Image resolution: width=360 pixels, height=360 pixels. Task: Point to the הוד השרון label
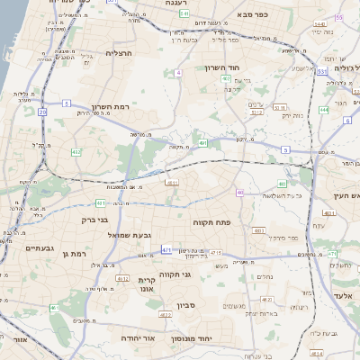click(246, 68)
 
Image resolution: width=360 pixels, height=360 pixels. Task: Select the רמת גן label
click(72, 255)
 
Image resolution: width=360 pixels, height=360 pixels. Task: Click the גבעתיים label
click(41, 247)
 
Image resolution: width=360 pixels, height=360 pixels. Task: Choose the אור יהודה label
click(138, 337)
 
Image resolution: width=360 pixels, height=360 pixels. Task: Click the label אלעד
click(346, 294)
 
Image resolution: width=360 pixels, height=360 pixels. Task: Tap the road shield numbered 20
click(42, 112)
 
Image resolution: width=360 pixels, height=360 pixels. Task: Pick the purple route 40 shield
click(240, 193)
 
